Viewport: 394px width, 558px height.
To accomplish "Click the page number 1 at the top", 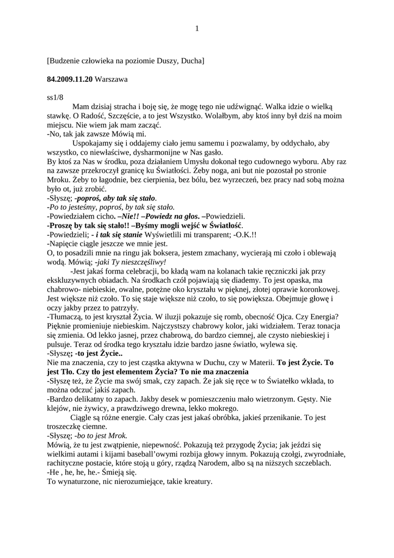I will (x=197, y=29).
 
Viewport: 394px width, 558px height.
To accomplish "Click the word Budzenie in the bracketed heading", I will (x=67, y=60).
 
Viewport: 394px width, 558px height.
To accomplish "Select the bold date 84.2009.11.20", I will (x=70, y=79).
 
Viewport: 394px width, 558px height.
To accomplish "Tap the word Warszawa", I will (x=111, y=79).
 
